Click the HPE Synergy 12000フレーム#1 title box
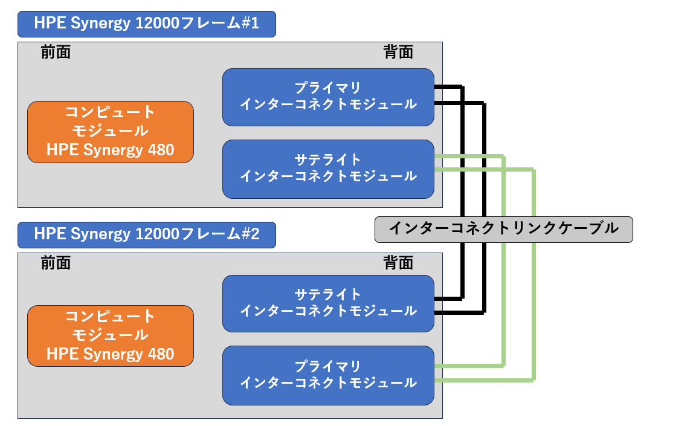click(147, 24)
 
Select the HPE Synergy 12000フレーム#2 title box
click(147, 234)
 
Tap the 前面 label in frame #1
click(56, 53)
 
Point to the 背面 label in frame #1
click(398, 53)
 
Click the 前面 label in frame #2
click(56, 263)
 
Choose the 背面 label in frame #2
click(398, 263)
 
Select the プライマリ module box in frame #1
click(328, 97)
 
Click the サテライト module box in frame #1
click(328, 169)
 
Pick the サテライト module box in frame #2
click(328, 303)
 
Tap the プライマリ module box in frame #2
click(328, 375)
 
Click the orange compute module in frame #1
click(111, 132)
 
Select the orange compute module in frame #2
click(111, 335)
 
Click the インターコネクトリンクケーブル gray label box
click(503, 229)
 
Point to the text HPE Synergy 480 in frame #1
click(111, 150)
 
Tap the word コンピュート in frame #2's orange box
click(111, 316)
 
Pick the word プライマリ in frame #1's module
click(328, 88)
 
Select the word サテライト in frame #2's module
click(328, 294)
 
